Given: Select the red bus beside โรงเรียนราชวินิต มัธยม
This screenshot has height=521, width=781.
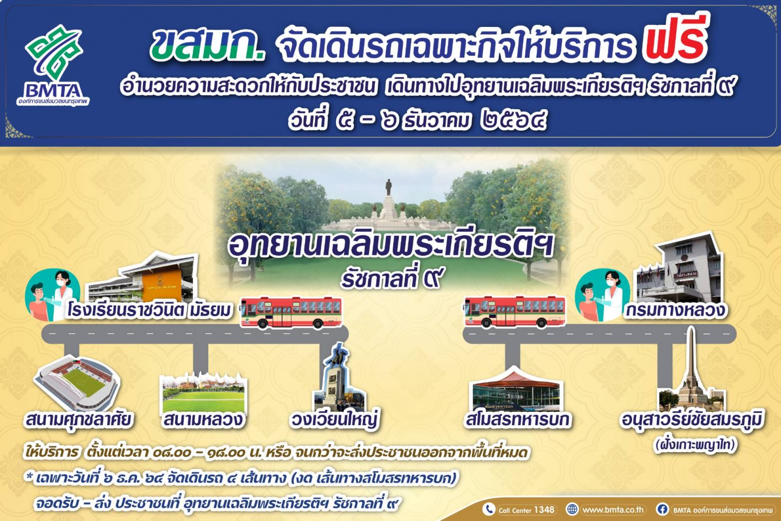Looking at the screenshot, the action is click(x=291, y=312).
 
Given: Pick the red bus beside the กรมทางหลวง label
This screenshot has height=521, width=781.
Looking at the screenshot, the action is click(x=514, y=311).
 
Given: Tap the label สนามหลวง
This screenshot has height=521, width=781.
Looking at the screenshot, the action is click(x=203, y=420).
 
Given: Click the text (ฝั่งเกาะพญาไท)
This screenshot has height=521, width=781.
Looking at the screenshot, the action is click(x=695, y=445).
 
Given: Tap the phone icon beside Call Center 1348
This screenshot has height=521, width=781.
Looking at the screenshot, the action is click(x=489, y=509).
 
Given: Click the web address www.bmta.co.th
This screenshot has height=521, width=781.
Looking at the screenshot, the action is click(x=613, y=510).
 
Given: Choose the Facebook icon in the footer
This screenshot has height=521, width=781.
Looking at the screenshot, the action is click(x=662, y=509).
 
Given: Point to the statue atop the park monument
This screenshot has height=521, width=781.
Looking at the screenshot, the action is click(x=389, y=187).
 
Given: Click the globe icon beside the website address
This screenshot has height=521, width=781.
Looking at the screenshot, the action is click(x=572, y=509).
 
